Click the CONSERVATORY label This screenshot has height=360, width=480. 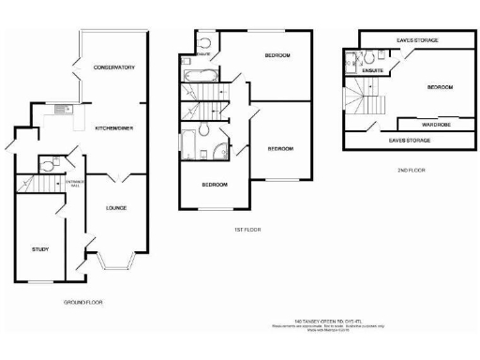tap(115, 67)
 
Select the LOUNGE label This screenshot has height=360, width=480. tap(116, 207)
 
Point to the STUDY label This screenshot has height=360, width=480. tap(40, 249)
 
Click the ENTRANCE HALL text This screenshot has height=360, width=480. tap(71, 184)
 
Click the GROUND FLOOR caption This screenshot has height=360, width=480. tap(83, 304)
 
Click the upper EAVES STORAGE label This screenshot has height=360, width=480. tap(417, 40)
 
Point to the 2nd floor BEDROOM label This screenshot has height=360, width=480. tap(440, 86)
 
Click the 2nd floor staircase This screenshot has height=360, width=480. tap(364, 97)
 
